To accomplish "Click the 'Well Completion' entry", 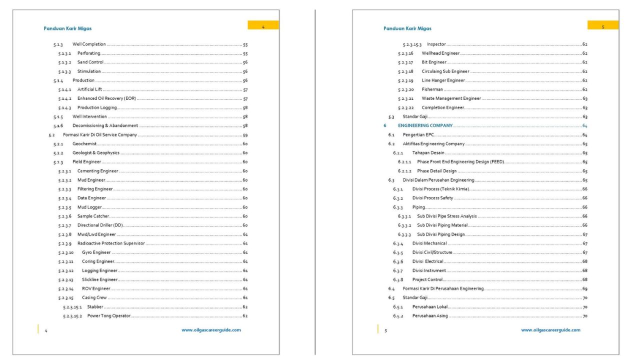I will pyautogui.click(x=88, y=45).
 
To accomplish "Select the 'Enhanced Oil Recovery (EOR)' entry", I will pyautogui.click(x=106, y=98).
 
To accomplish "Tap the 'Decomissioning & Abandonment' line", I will pyautogui.click(x=105, y=125).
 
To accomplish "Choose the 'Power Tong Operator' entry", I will pyautogui.click(x=108, y=316).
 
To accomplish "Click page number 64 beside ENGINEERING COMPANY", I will pyautogui.click(x=584, y=125).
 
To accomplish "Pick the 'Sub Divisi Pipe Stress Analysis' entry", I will pyautogui.click(x=447, y=216).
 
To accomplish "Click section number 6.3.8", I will pyautogui.click(x=398, y=279).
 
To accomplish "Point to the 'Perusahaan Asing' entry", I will pyautogui.click(x=430, y=316).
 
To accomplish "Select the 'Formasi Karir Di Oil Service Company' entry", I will pyautogui.click(x=100, y=135).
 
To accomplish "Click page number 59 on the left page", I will pyautogui.click(x=245, y=135).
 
